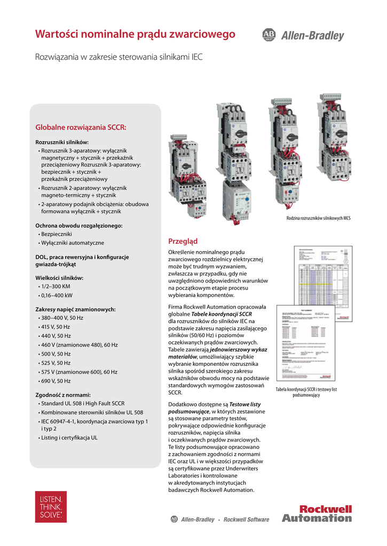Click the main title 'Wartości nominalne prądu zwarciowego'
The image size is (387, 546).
point(135,35)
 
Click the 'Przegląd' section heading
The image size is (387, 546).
point(183,242)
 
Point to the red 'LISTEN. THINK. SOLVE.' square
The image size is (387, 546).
point(51,507)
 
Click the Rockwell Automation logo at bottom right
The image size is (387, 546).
point(317,513)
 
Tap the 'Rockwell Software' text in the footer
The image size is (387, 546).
point(246,520)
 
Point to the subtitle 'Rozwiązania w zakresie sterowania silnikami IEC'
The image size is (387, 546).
point(119,57)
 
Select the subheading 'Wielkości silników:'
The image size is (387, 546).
point(59,278)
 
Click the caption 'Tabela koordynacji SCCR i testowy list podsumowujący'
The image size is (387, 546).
point(306,392)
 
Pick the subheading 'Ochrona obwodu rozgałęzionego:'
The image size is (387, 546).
point(79,226)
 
